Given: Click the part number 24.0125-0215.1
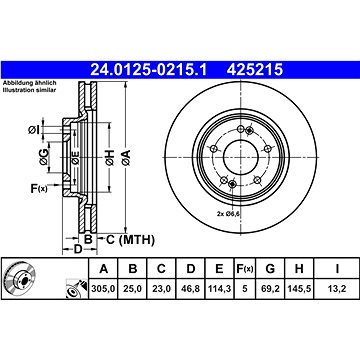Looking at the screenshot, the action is [x=149, y=70].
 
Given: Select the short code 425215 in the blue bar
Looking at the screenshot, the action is [x=255, y=70].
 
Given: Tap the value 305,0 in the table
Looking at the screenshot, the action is [x=103, y=289].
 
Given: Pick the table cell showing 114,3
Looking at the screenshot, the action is [x=219, y=289].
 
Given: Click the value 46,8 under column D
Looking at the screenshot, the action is [x=190, y=289].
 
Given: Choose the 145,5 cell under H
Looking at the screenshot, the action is [x=299, y=289].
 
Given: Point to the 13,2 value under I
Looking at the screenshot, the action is [x=337, y=289].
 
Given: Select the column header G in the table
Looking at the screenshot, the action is [x=270, y=268].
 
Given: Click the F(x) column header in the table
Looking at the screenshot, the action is [x=245, y=268].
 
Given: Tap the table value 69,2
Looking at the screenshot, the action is [x=270, y=289].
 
